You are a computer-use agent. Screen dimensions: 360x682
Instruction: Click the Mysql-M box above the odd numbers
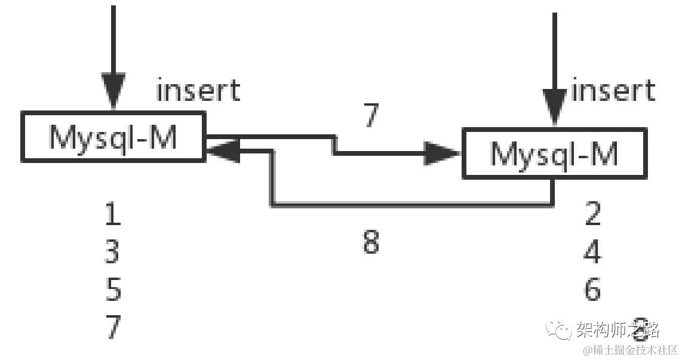(x=112, y=137)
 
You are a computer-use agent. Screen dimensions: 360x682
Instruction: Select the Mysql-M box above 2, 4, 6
(x=554, y=153)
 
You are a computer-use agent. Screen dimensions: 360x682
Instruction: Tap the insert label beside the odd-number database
(x=198, y=91)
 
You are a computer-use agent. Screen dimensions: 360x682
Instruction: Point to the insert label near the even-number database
(x=613, y=91)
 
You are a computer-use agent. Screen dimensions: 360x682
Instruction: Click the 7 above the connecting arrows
(x=371, y=115)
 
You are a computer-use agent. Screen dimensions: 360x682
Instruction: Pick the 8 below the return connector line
(x=371, y=242)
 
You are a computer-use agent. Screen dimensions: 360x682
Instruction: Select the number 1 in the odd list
(x=113, y=215)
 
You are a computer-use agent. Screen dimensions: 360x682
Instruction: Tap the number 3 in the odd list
(x=112, y=253)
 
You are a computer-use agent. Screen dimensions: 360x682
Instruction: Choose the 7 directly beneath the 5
(x=113, y=327)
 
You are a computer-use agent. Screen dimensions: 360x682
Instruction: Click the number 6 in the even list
(x=592, y=290)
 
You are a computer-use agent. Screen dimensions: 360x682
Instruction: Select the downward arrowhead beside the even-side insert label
(x=555, y=107)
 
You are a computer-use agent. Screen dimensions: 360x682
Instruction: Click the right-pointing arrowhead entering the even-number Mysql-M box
(x=442, y=153)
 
